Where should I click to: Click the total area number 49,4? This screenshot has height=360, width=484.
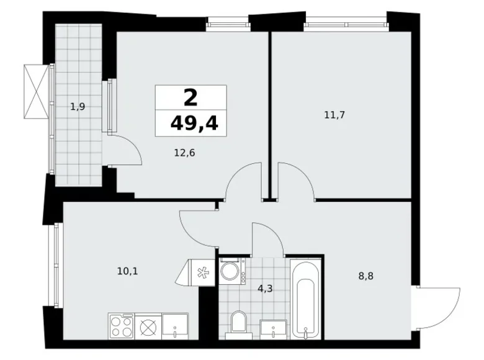[194, 124]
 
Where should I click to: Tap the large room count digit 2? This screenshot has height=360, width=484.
[190, 97]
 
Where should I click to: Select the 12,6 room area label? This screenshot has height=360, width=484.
[184, 153]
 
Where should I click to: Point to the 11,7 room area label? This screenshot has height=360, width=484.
[334, 115]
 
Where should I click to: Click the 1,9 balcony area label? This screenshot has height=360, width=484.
[78, 107]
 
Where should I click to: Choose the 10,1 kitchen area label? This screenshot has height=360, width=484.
[127, 271]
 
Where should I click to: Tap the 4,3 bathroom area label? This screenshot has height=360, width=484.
[265, 289]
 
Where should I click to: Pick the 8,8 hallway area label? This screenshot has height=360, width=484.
[365, 276]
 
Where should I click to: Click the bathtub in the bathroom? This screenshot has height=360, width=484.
[305, 300]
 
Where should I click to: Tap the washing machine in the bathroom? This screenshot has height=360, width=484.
[233, 271]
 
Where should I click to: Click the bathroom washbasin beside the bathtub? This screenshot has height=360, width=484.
[274, 330]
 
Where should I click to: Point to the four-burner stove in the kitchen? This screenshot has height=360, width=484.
[121, 326]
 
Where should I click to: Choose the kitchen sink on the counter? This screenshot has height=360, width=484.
[175, 326]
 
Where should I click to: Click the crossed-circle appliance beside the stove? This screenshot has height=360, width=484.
[148, 326]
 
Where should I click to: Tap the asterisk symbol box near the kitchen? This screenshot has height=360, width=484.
[203, 272]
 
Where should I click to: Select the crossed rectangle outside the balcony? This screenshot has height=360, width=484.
[37, 91]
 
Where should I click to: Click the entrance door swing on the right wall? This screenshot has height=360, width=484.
[438, 308]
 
